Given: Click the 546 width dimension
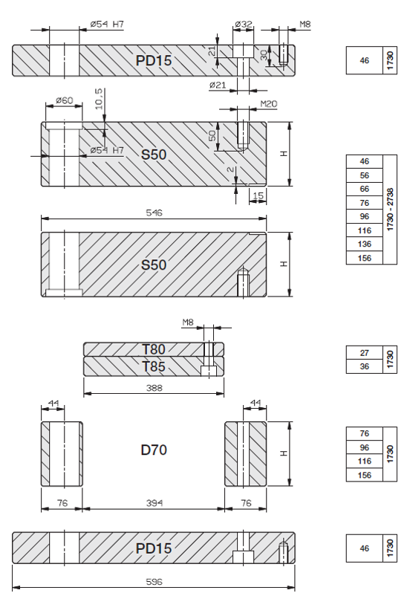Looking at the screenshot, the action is pos(154,213).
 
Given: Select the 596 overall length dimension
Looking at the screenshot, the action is pos(154,582).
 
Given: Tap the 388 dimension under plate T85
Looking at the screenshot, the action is pos(154,388).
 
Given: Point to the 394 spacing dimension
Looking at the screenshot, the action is pos(154,503).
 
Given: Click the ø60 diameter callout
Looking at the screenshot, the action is pos(64,100).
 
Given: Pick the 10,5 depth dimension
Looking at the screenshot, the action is pos(99,99).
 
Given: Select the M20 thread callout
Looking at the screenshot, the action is pos(269,104).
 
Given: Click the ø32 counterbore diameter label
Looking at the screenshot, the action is pos(244,24).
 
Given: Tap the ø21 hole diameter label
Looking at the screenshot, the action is pos(218,85).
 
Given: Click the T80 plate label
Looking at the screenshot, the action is pos(154,349).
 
